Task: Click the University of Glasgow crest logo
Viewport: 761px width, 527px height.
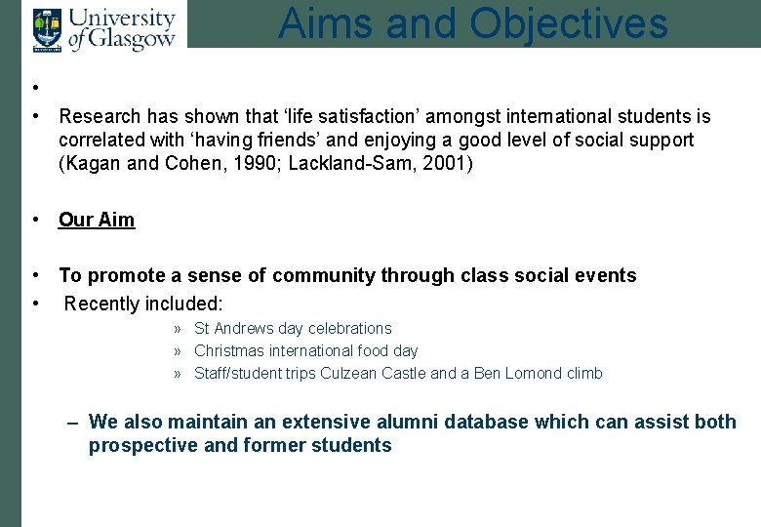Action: pos(45,29)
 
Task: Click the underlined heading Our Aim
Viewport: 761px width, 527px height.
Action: pos(97,220)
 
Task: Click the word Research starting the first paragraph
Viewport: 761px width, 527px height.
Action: pos(99,117)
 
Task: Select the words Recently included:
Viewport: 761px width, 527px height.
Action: pos(143,304)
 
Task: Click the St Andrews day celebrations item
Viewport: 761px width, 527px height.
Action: pos(293,329)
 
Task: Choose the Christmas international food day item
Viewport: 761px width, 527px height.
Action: pos(305,350)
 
